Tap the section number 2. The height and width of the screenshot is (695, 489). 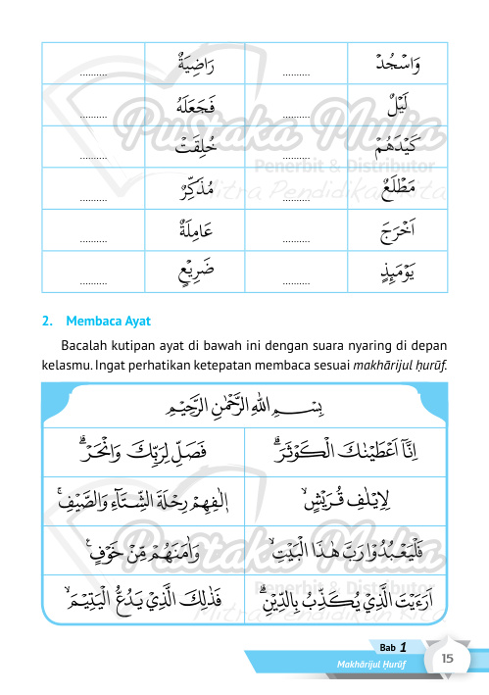pos(46,321)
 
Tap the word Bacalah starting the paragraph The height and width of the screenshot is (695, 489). pos(86,349)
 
